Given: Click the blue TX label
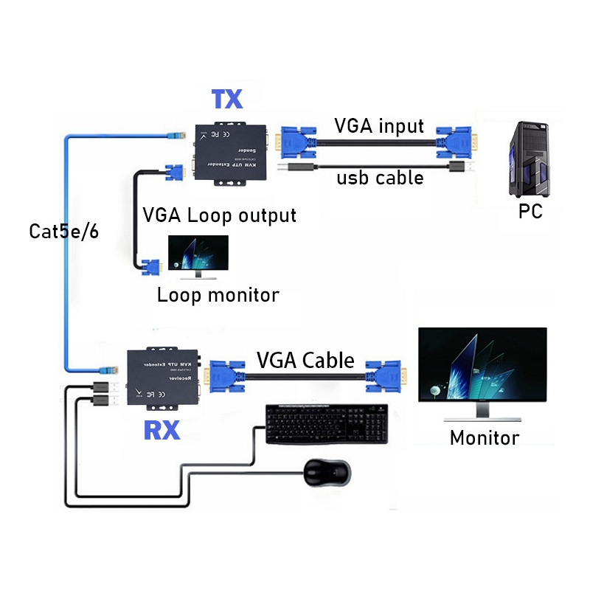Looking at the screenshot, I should click(227, 100).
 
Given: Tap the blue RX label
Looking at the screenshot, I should click(162, 429).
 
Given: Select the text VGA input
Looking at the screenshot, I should click(380, 125).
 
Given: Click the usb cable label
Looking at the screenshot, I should click(380, 178).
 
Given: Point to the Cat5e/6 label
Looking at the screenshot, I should click(63, 231).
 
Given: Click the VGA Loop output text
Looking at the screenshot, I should click(219, 215).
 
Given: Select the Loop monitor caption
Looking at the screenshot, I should click(218, 296).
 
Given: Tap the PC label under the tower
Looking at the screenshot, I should click(530, 212).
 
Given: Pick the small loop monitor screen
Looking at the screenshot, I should click(198, 254).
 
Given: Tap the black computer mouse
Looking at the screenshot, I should click(326, 473).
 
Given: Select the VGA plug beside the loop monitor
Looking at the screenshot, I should click(151, 268).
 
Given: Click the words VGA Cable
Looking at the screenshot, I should click(305, 361).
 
